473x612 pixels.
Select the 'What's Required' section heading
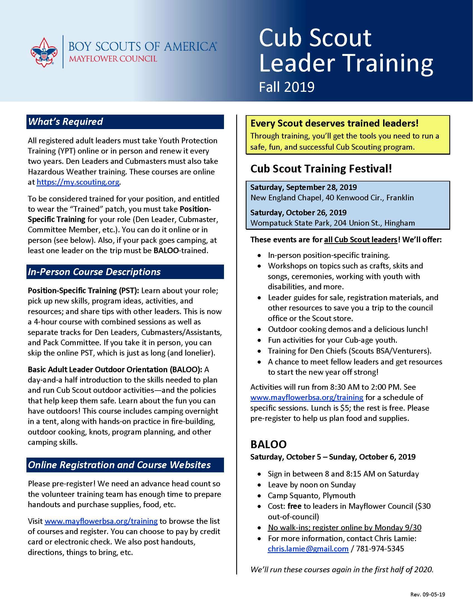[66, 122]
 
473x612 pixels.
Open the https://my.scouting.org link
[78, 182]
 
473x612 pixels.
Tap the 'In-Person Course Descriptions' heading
[94, 272]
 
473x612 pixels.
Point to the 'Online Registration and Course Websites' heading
[119, 465]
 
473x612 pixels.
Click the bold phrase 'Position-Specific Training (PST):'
[83, 290]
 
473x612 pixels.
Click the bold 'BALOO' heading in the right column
[268, 444]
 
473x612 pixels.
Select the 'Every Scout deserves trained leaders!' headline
[334, 123]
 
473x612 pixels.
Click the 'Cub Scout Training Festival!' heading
[321, 169]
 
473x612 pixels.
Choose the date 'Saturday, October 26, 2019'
[299, 213]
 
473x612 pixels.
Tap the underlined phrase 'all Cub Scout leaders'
[361, 240]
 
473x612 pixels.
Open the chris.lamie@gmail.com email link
[308, 548]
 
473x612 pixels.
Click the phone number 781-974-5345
[380, 548]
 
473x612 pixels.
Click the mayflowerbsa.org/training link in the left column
[101, 521]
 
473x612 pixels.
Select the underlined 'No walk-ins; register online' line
[344, 527]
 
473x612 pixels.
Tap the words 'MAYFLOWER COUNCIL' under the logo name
[113, 59]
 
